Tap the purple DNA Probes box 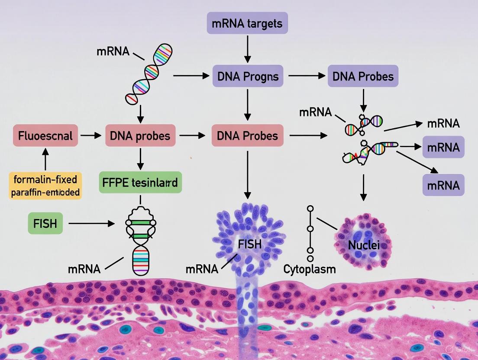[363, 76]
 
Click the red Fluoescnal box [45, 136]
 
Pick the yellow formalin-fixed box [45, 185]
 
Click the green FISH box [45, 223]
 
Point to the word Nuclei [364, 245]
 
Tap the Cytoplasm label [309, 269]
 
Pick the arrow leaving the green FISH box [91, 224]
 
